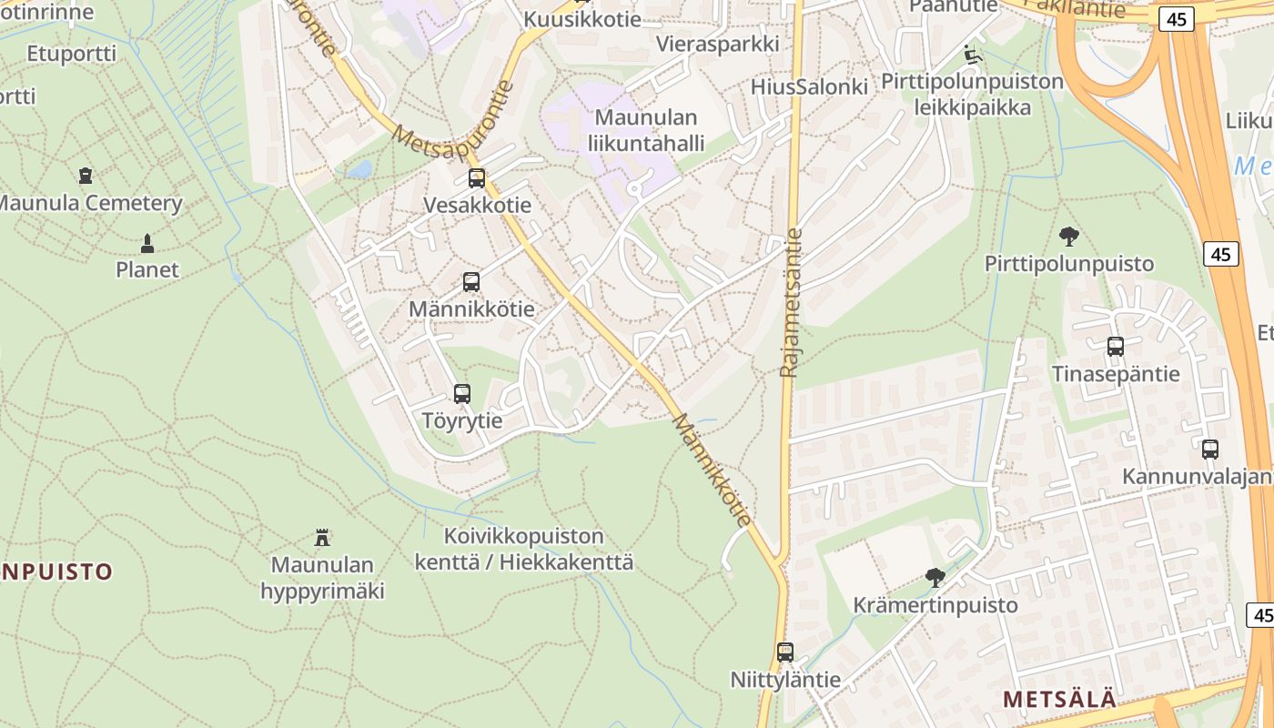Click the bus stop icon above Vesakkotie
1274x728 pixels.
tap(477, 178)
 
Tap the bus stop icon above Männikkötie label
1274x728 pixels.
tap(470, 282)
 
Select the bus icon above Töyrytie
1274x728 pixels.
tap(462, 394)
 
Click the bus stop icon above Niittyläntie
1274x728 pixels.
tap(785, 652)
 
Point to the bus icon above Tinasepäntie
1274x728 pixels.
tap(1116, 347)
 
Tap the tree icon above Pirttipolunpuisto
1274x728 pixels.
tap(1069, 237)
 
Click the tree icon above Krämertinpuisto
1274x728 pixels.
tap(935, 577)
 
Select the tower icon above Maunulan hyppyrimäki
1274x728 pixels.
tap(321, 537)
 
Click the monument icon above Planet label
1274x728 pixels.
tap(147, 243)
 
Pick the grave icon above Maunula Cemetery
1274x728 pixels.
tap(86, 175)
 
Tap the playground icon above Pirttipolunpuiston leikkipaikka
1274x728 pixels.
tap(972, 55)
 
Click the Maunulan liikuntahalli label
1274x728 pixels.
tap(646, 130)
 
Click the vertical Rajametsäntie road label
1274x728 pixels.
tap(790, 302)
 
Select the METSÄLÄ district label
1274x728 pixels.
tap(1059, 700)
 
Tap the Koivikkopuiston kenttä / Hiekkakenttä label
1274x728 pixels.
tap(524, 549)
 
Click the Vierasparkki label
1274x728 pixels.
tap(718, 44)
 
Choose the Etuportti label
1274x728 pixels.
tap(72, 54)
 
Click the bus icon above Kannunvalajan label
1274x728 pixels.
tap(1210, 450)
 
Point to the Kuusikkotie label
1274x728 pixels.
tap(582, 19)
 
